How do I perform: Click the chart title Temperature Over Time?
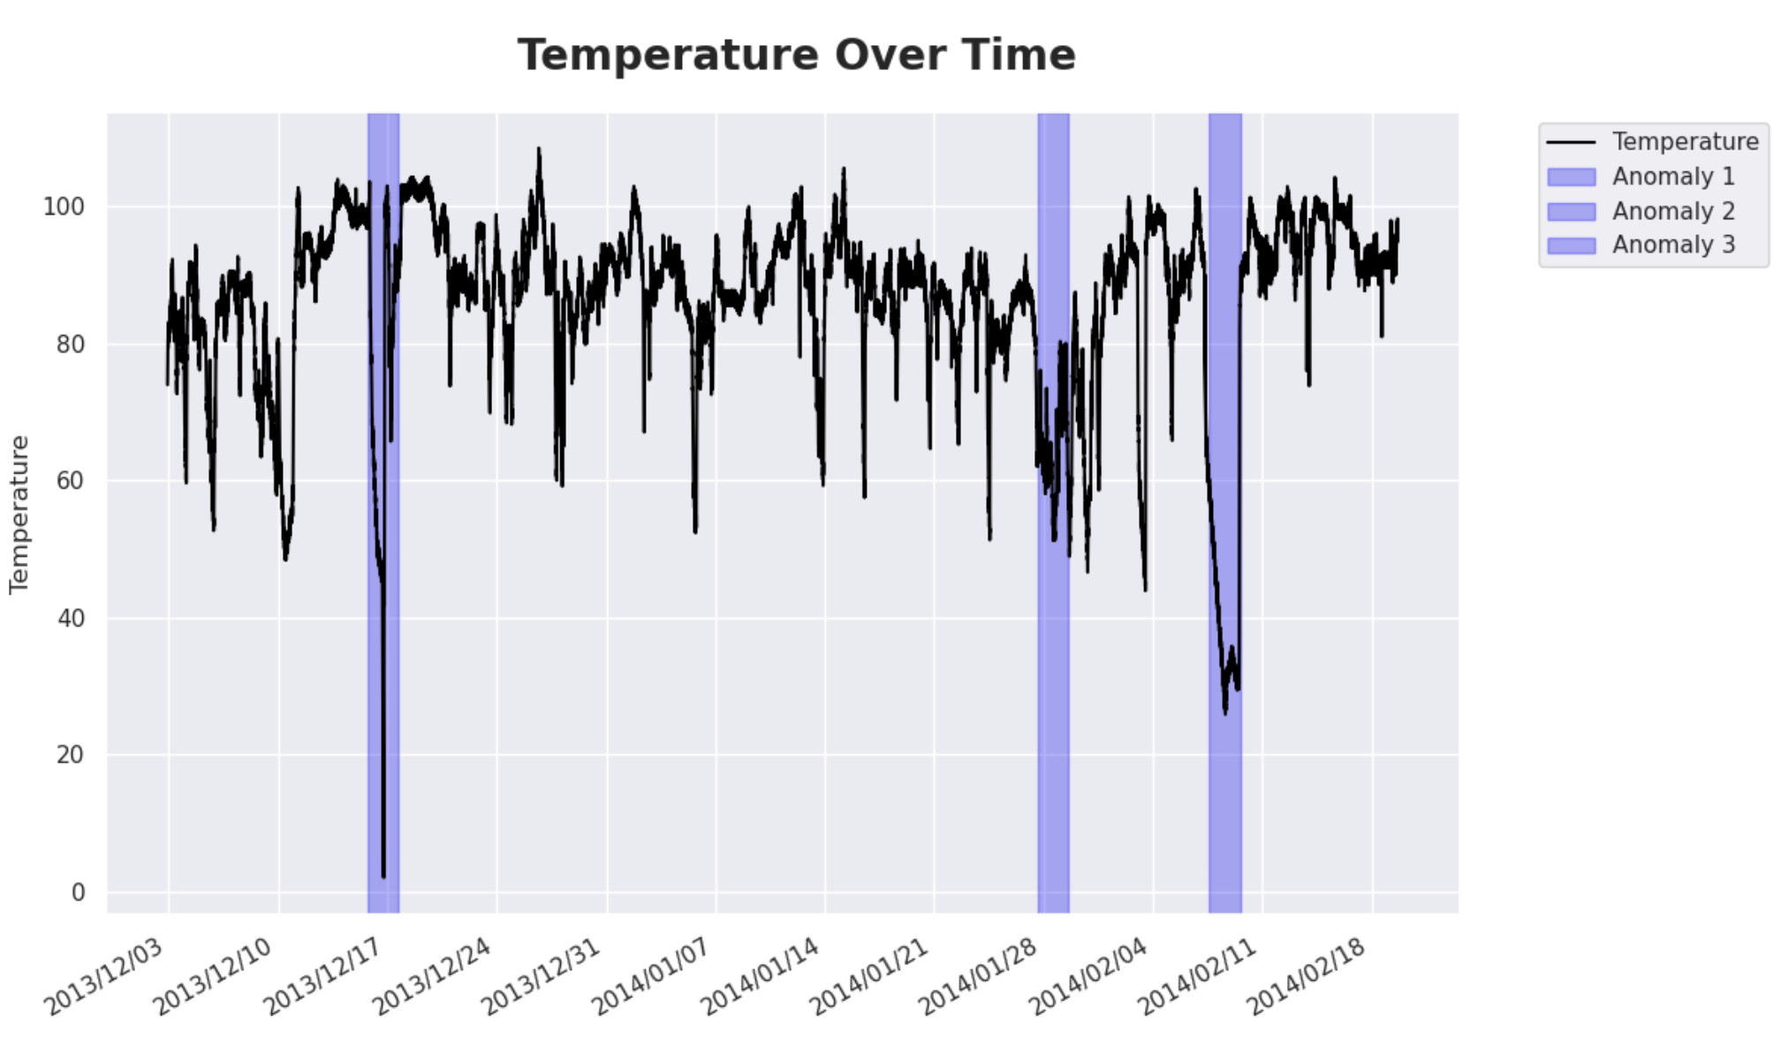[x=796, y=55]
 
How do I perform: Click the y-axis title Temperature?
[x=19, y=513]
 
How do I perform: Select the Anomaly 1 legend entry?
[x=1672, y=177]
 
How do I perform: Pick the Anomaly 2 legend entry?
[x=1672, y=211]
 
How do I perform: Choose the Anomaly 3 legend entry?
[x=1672, y=245]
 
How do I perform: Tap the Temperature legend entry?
[x=1684, y=141]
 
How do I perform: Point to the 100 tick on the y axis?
[x=64, y=207]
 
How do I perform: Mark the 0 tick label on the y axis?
[x=79, y=892]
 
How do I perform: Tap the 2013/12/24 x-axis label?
[x=433, y=976]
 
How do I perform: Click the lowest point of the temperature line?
[x=383, y=876]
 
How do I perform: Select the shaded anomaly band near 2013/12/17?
[x=383, y=707]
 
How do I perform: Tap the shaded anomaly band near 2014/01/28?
[x=1053, y=707]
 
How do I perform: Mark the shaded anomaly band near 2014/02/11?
[x=1224, y=795]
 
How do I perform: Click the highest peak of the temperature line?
[x=538, y=149]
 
